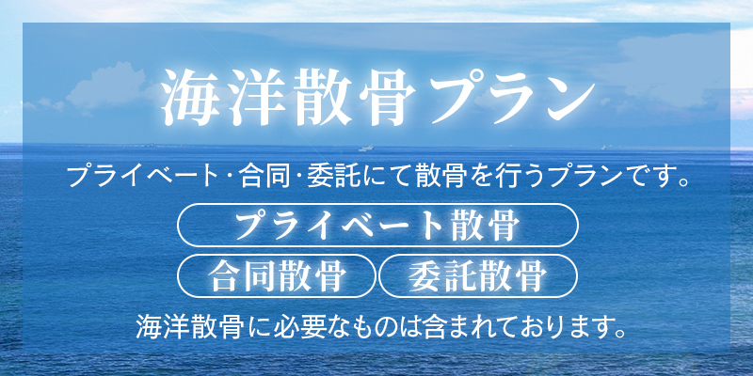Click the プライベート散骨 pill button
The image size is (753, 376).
[376, 227]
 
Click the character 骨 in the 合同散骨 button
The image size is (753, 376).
[329, 276]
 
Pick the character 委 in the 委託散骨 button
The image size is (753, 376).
[421, 276]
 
